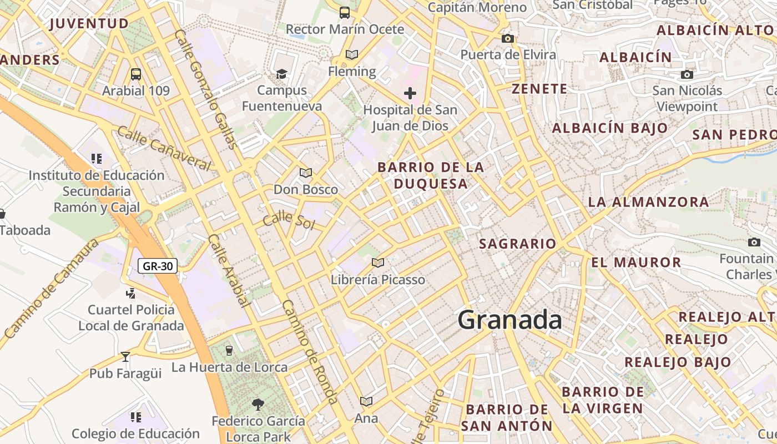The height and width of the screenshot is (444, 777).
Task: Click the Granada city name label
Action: (509, 320)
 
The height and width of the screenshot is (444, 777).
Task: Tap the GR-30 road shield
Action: (158, 266)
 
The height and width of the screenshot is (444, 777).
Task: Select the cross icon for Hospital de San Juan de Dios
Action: (410, 93)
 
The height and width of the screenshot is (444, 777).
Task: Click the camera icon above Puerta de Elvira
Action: (507, 38)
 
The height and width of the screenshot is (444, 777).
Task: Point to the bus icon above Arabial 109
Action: (136, 74)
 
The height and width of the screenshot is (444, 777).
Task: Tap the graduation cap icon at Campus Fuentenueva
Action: (282, 74)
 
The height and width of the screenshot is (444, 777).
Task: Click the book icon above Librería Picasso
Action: (378, 263)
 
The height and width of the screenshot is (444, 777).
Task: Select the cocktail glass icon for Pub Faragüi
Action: (125, 357)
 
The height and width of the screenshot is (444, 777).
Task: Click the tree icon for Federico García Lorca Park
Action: (258, 404)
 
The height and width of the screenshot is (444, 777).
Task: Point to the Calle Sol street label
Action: (289, 220)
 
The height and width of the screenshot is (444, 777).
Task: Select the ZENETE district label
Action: (539, 89)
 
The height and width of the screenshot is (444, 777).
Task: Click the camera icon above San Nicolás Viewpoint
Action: (687, 74)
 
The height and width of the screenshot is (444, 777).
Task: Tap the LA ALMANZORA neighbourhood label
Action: (648, 202)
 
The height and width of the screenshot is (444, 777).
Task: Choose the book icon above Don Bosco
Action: (306, 173)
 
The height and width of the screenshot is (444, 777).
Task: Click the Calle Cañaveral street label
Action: (164, 148)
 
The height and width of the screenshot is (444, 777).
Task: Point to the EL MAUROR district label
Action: (636, 263)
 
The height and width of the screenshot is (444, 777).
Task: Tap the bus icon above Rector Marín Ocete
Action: (345, 12)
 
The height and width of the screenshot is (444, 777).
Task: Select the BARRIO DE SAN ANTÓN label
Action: (507, 417)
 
